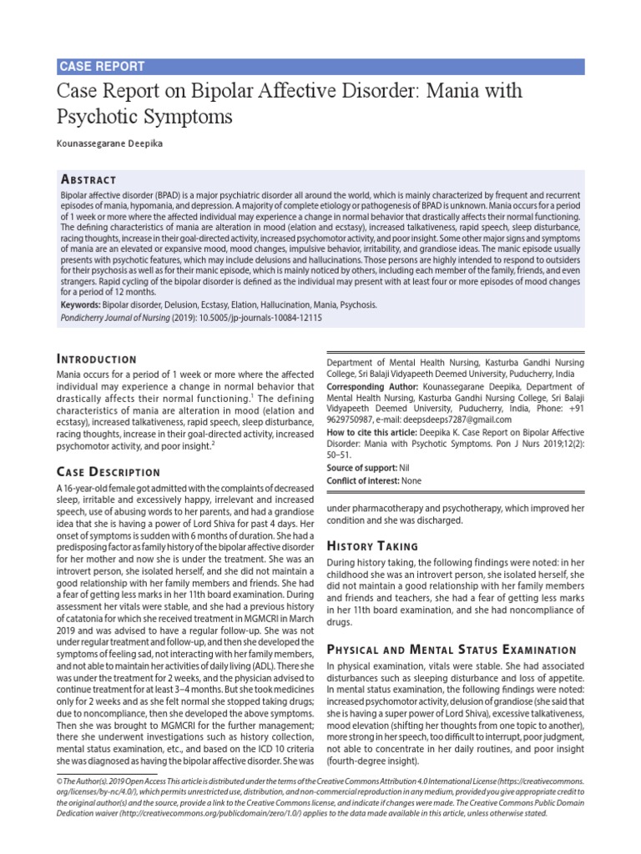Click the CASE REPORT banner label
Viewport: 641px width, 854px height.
click(x=101, y=67)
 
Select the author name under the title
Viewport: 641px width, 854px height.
click(x=111, y=144)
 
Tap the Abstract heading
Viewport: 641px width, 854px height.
click(x=88, y=179)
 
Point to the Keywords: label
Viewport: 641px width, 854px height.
click(x=80, y=305)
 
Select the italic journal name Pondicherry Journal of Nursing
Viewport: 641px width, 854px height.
click(x=119, y=318)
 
